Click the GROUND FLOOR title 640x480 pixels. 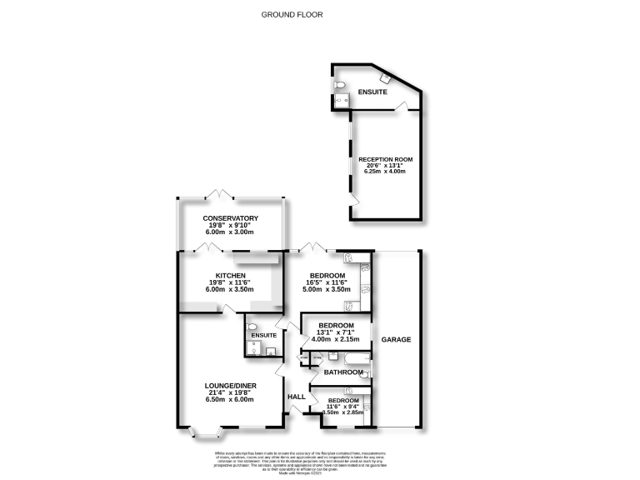coord(292,14)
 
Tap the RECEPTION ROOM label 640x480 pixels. coord(385,158)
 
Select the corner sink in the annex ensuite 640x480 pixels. coord(384,78)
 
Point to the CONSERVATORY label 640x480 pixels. coord(231,218)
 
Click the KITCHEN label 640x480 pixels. coord(229,276)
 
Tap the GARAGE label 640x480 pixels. coord(396,340)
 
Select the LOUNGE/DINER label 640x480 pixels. coord(230,385)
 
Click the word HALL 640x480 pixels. coord(296,397)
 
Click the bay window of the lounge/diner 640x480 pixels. coord(205,432)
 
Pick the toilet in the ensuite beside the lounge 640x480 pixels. coord(252,327)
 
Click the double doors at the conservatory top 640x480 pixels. coord(221,195)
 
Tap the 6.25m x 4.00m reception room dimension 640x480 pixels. coord(385,172)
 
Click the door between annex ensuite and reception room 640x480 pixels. coord(402,106)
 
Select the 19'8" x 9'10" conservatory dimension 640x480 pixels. coord(231,227)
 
